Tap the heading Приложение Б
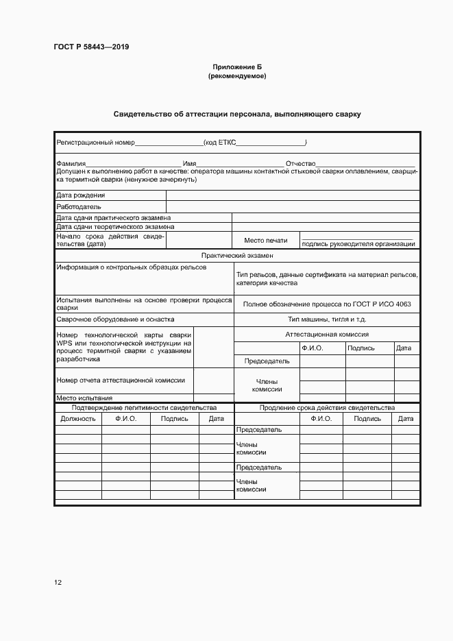pyautogui.click(x=236, y=67)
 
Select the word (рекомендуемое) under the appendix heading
pyautogui.click(x=236, y=76)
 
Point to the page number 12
pyautogui.click(x=58, y=582)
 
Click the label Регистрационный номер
pyautogui.click(x=95, y=143)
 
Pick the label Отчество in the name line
pyautogui.click(x=300, y=164)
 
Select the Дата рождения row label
pyautogui.click(x=80, y=195)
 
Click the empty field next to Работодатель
pyautogui.click(x=293, y=206)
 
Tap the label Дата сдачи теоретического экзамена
pyautogui.click(x=115, y=226)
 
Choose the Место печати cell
pyautogui.click(x=264, y=241)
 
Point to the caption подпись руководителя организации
pyautogui.click(x=358, y=243)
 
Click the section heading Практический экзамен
pyautogui.click(x=236, y=255)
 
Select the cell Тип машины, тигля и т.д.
pyautogui.click(x=327, y=319)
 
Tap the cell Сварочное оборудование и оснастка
pyautogui.click(x=115, y=319)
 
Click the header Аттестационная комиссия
pyautogui.click(x=327, y=335)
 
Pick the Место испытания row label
pyautogui.click(x=84, y=398)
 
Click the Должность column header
pyautogui.click(x=77, y=418)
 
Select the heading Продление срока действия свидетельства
pyautogui.click(x=327, y=407)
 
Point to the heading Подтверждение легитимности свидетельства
pyautogui.click(x=144, y=407)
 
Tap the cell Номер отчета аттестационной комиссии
pyautogui.click(x=115, y=380)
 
